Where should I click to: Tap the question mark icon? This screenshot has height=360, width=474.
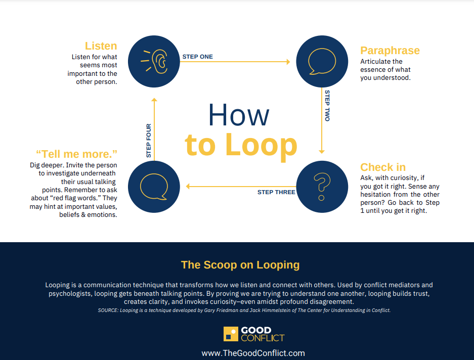[322, 186]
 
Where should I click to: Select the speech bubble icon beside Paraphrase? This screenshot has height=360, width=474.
[322, 61]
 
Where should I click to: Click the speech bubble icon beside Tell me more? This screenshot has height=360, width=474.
[154, 187]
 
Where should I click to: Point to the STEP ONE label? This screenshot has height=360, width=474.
[197, 57]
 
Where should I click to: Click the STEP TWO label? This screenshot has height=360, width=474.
[327, 106]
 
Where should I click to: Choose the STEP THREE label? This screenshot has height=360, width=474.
[276, 192]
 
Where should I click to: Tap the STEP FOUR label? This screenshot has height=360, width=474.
[148, 141]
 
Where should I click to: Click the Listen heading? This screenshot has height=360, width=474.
[101, 46]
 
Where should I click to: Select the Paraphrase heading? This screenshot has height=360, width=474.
[390, 51]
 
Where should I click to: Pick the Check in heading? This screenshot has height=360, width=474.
[383, 167]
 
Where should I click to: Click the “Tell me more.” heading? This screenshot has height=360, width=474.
[76, 154]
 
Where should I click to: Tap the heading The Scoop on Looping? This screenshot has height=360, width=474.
[240, 265]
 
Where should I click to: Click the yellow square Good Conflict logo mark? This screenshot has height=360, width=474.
[231, 334]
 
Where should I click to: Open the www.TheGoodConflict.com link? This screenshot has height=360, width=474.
[253, 353]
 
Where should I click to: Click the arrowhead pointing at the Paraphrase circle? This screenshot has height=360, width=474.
[288, 62]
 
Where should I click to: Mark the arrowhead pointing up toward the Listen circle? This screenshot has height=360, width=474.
[154, 100]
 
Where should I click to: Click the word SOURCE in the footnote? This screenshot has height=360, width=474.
[108, 310]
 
